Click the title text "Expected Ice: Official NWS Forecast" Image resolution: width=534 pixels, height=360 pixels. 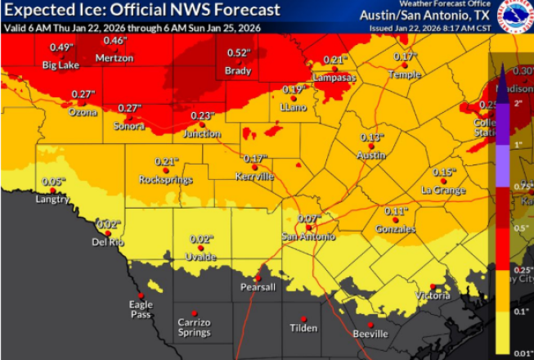coord(141,10)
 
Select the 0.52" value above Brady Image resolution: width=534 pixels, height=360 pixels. coord(239,52)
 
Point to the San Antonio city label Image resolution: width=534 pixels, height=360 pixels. coord(308,236)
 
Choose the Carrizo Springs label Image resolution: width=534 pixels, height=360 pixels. coord(194,327)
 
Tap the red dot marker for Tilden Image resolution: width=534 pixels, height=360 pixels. coord(303,318)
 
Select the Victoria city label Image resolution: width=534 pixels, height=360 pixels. coord(433,295)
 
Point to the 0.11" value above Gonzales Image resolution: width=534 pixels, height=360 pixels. coord(396,211)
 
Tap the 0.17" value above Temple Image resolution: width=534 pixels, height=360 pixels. coord(405,56)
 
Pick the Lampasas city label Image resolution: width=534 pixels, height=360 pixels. coord(334,76)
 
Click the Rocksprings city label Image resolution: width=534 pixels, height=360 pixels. coord(165,179)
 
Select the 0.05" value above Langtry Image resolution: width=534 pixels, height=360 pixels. coord(53,181)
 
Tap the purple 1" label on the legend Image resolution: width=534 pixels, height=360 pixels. coord(518,144)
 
